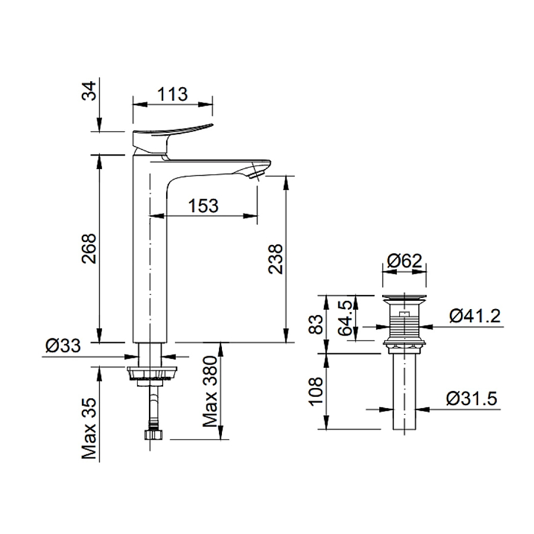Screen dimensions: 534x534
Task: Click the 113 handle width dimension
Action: (172, 94)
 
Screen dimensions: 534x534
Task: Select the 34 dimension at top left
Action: (88, 93)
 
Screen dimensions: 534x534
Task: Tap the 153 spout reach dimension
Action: (204, 205)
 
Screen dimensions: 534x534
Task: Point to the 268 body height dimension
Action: (88, 247)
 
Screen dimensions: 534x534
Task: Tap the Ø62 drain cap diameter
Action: (404, 261)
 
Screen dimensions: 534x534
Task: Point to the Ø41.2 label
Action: (474, 316)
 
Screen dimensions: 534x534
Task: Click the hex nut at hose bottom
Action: (152, 435)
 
